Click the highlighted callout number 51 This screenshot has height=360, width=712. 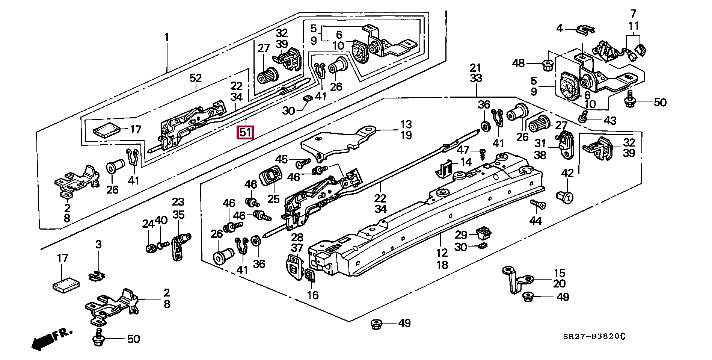245,133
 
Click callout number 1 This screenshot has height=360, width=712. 166,38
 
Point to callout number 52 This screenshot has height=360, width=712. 196,78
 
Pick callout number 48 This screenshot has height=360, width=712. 519,63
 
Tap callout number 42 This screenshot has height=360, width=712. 567,173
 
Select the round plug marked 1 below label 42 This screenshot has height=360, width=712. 566,196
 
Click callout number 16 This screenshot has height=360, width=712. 312,295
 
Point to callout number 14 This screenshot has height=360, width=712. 466,162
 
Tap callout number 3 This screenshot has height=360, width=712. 98,245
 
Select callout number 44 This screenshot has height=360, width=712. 536,221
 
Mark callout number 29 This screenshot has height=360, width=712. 461,235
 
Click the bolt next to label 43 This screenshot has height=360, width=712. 583,117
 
